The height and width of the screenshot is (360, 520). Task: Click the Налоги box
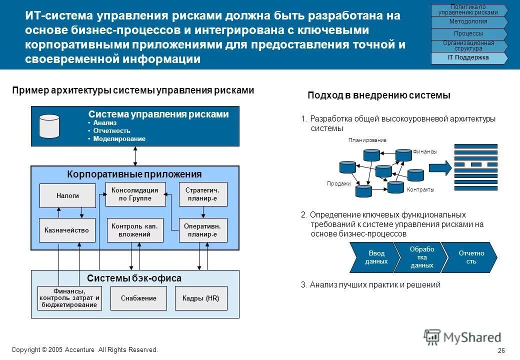(x=67, y=195)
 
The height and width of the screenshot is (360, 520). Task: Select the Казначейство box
(x=67, y=230)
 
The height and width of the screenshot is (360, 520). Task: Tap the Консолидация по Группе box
(x=134, y=194)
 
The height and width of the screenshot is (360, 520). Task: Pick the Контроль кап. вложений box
(x=134, y=230)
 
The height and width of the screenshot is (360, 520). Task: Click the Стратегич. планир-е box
(x=202, y=194)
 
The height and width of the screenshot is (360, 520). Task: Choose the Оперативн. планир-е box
(x=202, y=230)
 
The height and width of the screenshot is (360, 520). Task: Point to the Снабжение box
(x=138, y=298)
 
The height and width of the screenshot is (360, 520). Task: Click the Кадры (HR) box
(x=201, y=298)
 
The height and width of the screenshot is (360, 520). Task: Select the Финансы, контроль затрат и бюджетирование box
(x=69, y=298)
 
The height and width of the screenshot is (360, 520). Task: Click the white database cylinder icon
(x=49, y=126)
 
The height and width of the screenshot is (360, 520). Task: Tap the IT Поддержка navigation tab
(x=468, y=58)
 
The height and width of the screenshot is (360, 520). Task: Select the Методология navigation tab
(x=468, y=22)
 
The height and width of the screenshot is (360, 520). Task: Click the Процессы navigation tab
(x=468, y=34)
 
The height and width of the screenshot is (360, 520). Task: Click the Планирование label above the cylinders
(x=367, y=140)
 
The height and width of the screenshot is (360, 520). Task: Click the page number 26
(x=501, y=350)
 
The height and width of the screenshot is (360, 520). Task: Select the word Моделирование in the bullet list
(x=119, y=139)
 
